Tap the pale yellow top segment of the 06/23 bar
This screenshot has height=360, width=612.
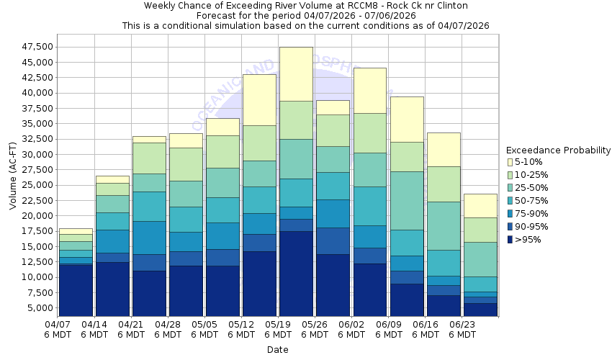tap(480, 205)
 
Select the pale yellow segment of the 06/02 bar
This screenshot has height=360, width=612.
tap(369, 90)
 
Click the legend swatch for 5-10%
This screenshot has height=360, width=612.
tap(510, 162)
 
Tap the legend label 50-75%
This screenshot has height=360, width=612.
tap(534, 201)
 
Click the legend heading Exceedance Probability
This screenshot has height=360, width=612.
tap(558, 150)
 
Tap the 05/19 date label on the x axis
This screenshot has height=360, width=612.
tap(278, 329)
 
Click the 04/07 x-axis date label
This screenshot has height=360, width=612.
tap(58, 329)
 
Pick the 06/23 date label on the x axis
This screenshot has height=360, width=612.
tap(462, 329)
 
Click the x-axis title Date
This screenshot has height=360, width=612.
tap(277, 350)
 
